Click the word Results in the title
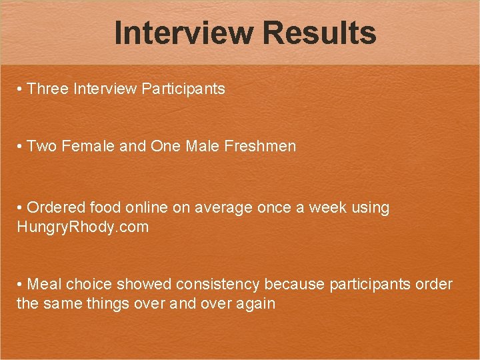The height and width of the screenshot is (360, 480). pos(319,33)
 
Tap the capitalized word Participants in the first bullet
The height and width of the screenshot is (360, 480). pos(183,89)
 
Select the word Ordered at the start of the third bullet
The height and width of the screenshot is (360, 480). pos(55,208)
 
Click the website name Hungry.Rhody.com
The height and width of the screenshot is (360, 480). pos(83,227)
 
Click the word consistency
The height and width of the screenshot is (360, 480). pos(218,285)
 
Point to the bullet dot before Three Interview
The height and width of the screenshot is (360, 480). pos(21,89)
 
